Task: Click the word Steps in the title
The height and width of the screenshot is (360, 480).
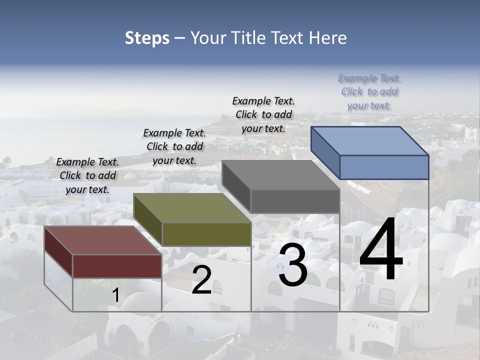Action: (x=147, y=38)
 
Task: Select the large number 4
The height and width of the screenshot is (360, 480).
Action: (x=381, y=250)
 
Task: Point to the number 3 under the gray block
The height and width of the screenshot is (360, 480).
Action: (x=293, y=265)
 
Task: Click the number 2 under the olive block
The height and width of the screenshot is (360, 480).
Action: (x=201, y=280)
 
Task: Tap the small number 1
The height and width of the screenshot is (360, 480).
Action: (x=115, y=295)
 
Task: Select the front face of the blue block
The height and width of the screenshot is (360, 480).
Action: (x=384, y=167)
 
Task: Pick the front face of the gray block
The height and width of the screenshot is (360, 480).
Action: (x=295, y=201)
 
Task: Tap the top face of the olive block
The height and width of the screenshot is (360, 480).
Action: (x=192, y=208)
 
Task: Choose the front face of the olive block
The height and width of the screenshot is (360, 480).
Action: (x=206, y=234)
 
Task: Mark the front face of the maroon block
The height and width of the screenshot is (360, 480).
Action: (x=117, y=266)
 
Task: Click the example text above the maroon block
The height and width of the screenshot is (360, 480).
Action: (x=87, y=175)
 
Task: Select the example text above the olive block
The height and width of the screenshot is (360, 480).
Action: (x=174, y=146)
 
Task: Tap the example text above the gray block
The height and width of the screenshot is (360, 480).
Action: (x=263, y=114)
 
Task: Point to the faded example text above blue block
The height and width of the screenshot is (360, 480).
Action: (x=369, y=91)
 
